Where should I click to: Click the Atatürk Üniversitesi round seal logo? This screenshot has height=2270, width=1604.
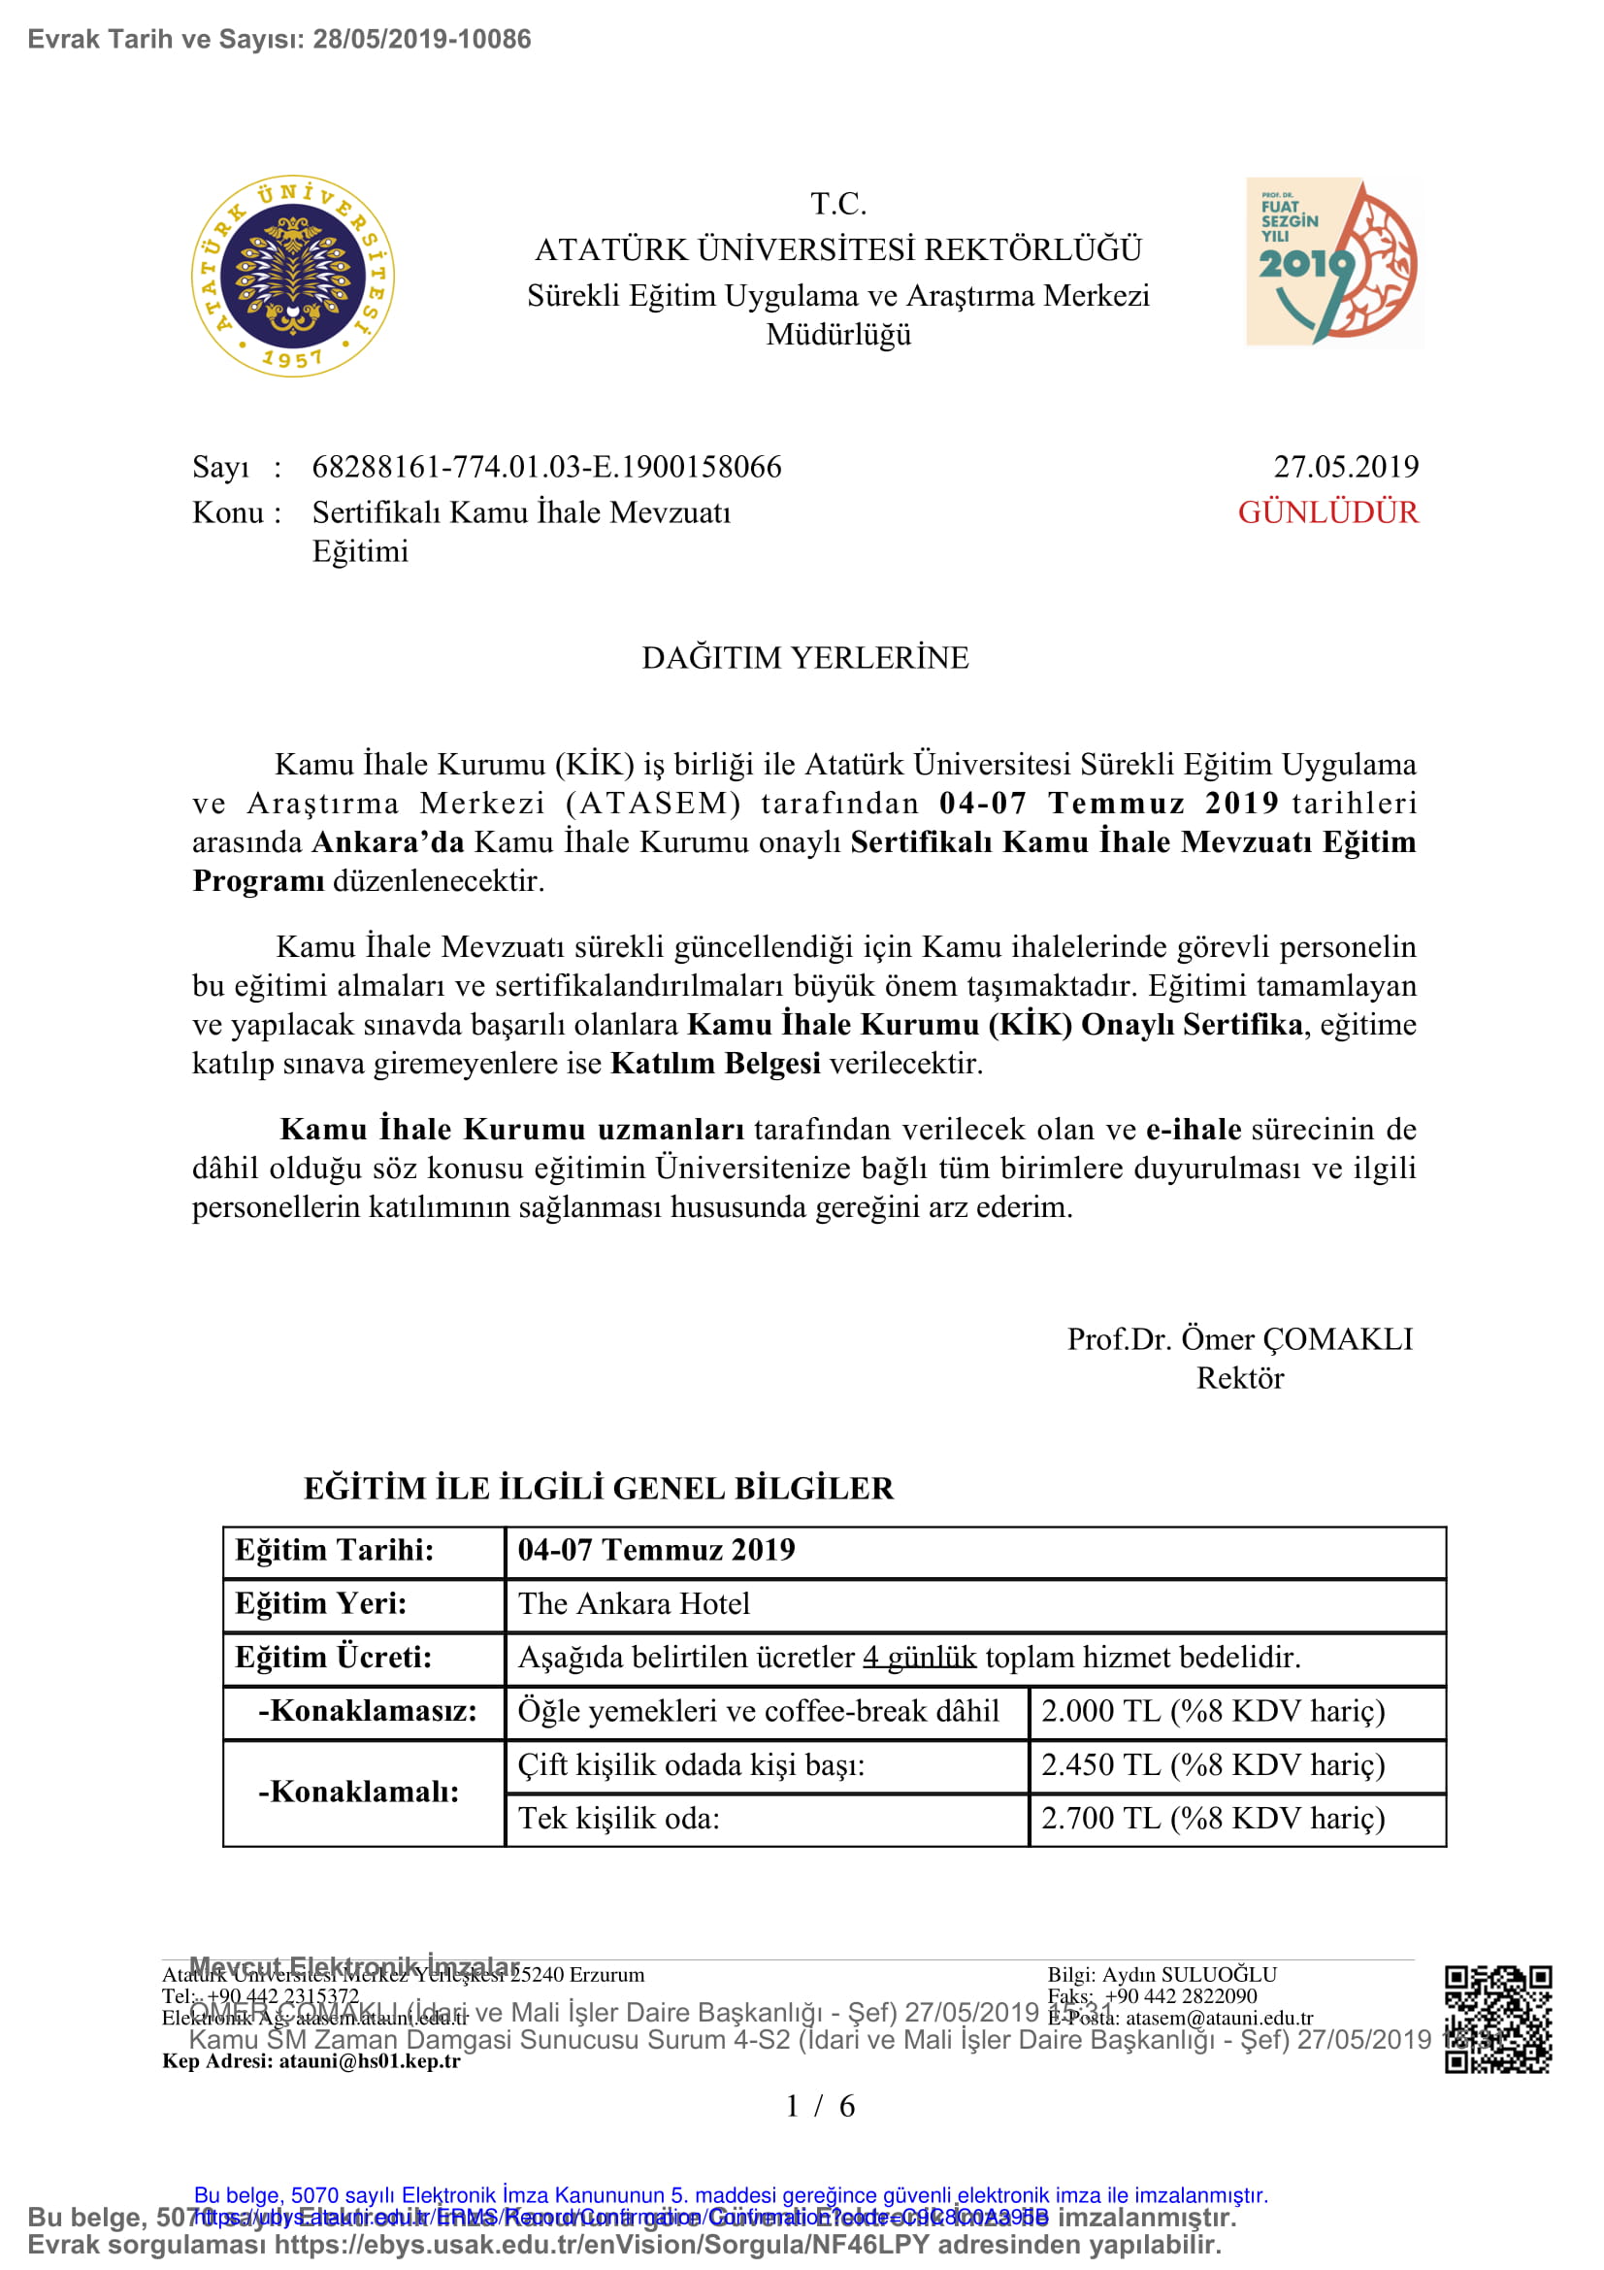pyautogui.click(x=292, y=277)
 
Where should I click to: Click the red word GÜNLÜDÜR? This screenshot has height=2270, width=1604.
pyautogui.click(x=1327, y=512)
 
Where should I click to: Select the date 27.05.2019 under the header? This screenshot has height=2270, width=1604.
pyautogui.click(x=1345, y=467)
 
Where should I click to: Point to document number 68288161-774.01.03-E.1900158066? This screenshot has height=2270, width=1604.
pyautogui.click(x=546, y=467)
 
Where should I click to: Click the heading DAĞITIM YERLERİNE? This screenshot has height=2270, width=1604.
pyautogui.click(x=804, y=657)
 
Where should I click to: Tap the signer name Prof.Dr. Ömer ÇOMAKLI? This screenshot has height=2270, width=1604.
pyautogui.click(x=1239, y=1338)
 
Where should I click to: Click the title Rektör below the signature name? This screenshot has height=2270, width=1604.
pyautogui.click(x=1239, y=1377)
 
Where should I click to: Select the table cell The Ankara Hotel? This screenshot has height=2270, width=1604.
pyautogui.click(x=634, y=1603)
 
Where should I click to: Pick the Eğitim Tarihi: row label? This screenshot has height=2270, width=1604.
pyautogui.click(x=334, y=1549)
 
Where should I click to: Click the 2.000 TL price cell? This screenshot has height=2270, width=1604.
pyautogui.click(x=1213, y=1710)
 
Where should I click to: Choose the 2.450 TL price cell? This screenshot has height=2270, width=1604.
pyautogui.click(x=1213, y=1764)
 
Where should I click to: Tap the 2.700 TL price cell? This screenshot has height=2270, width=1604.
pyautogui.click(x=1213, y=1818)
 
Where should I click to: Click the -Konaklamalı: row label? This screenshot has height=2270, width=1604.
pyautogui.click(x=359, y=1792)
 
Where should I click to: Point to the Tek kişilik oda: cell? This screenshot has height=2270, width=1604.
pyautogui.click(x=620, y=1818)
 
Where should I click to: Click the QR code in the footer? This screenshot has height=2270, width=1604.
pyautogui.click(x=1497, y=2019)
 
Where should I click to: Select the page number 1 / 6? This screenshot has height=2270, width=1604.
pyautogui.click(x=819, y=2106)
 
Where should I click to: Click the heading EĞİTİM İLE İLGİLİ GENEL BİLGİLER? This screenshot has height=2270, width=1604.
pyautogui.click(x=598, y=1488)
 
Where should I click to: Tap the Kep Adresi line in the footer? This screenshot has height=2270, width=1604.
pyautogui.click(x=311, y=2061)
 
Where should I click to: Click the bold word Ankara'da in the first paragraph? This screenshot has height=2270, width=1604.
pyautogui.click(x=387, y=841)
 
